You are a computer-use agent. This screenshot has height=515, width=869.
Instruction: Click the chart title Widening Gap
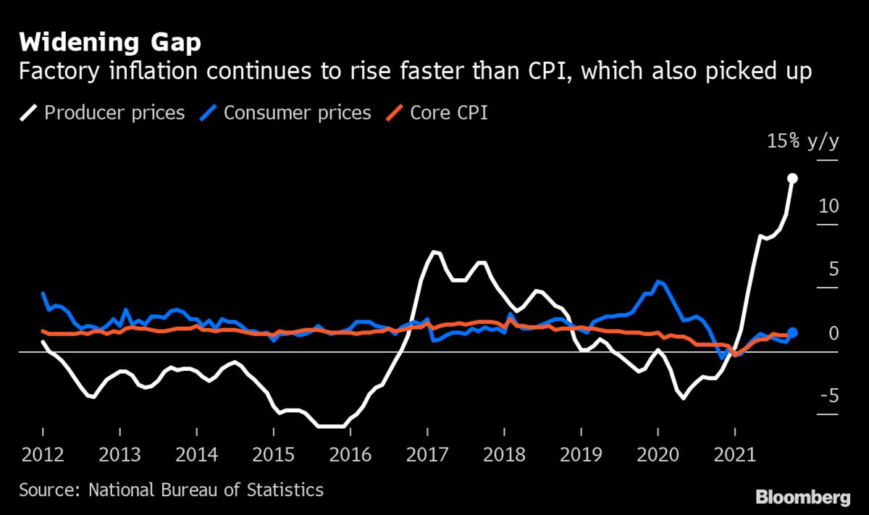click(110, 43)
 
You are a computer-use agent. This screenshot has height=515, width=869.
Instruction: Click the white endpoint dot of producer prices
click(793, 178)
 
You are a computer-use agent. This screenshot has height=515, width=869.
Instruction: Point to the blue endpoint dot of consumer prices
click(792, 332)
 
